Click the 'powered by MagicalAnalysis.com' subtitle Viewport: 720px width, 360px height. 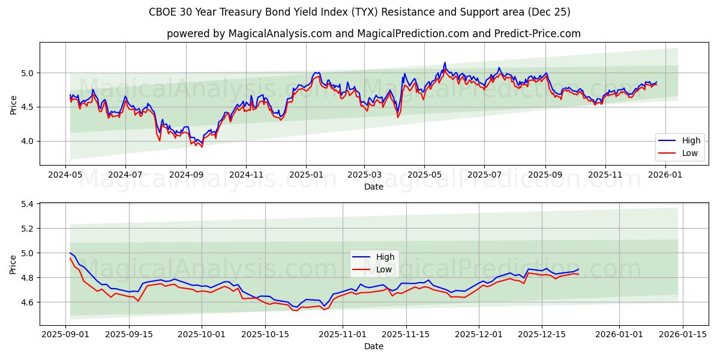373,34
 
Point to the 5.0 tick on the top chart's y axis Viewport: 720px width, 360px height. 28,73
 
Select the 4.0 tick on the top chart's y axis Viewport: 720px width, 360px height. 28,141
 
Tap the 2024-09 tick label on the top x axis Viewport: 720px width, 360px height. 185,175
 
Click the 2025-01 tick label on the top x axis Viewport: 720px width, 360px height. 305,175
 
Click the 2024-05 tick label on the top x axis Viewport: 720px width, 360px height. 65,175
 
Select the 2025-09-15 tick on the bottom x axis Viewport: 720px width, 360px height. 130,334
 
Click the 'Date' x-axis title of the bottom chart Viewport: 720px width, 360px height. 373,346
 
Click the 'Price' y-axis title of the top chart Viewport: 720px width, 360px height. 13,104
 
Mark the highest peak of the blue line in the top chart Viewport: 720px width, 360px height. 445,62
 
